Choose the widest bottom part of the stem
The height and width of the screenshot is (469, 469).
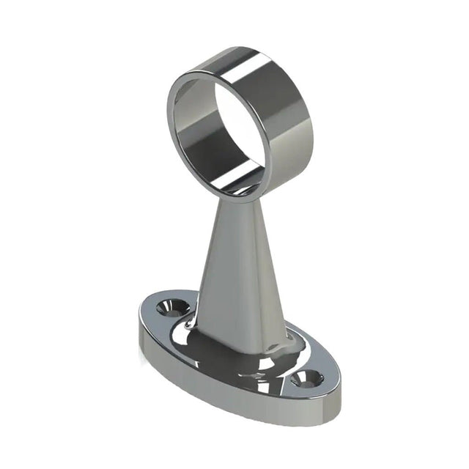(x=238, y=322)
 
